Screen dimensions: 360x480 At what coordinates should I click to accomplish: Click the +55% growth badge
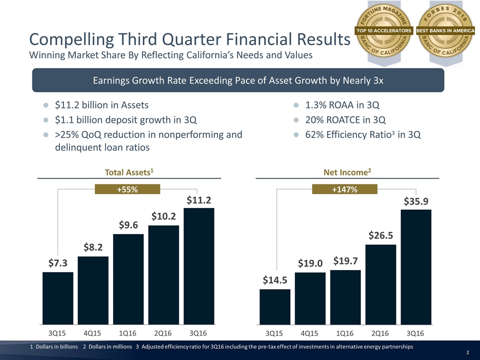click(x=127, y=188)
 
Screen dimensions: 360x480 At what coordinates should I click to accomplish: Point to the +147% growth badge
click(x=344, y=188)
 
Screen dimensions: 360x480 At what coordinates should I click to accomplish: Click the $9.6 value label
click(x=129, y=225)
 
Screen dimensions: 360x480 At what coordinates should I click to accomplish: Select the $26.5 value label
click(x=381, y=234)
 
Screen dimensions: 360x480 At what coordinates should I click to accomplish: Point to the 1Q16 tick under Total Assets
click(x=129, y=332)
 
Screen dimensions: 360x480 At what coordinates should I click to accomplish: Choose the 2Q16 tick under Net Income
click(x=381, y=332)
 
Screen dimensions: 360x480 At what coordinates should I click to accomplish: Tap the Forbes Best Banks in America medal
click(x=446, y=30)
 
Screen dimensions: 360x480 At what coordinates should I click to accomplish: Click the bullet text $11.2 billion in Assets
click(x=101, y=105)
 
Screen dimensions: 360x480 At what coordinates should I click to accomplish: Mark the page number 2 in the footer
click(x=467, y=353)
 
